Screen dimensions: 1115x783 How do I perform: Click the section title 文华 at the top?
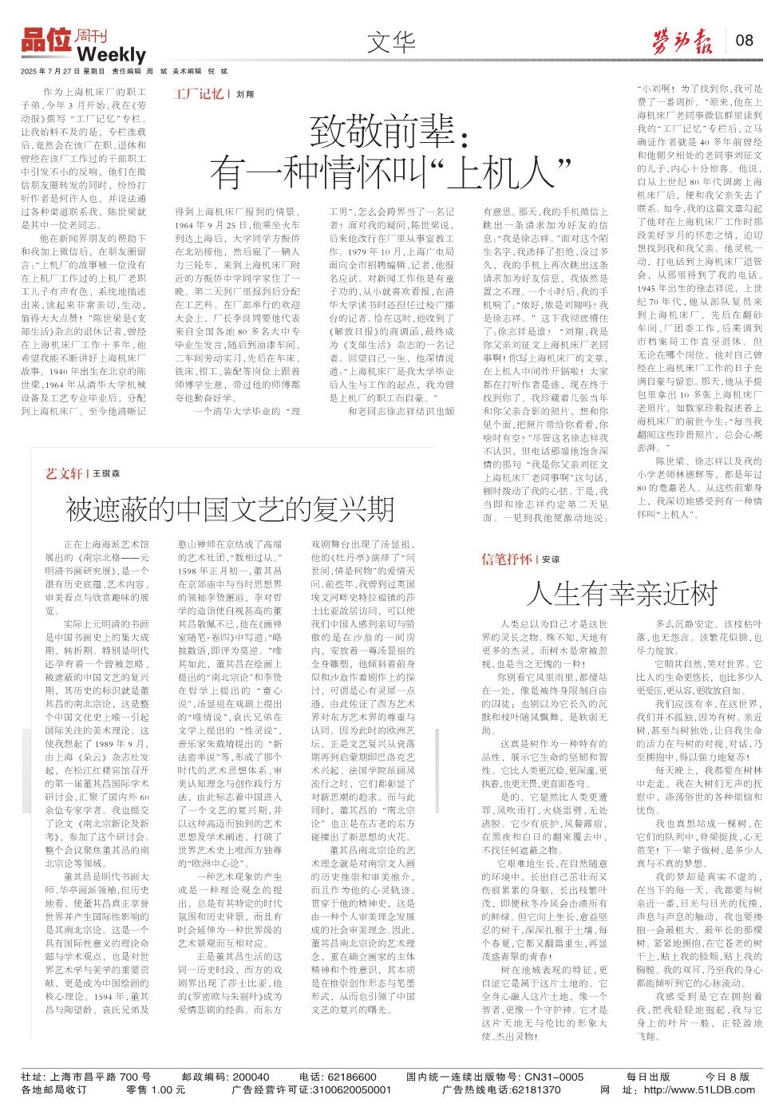click(391, 42)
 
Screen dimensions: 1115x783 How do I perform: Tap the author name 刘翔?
click(244, 94)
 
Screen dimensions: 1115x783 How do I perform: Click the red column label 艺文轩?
click(65, 473)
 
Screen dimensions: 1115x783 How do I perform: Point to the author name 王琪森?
click(106, 474)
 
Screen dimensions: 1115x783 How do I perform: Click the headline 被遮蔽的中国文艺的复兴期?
click(230, 508)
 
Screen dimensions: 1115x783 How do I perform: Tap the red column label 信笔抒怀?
click(506, 559)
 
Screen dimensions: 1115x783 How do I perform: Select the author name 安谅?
click(551, 559)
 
